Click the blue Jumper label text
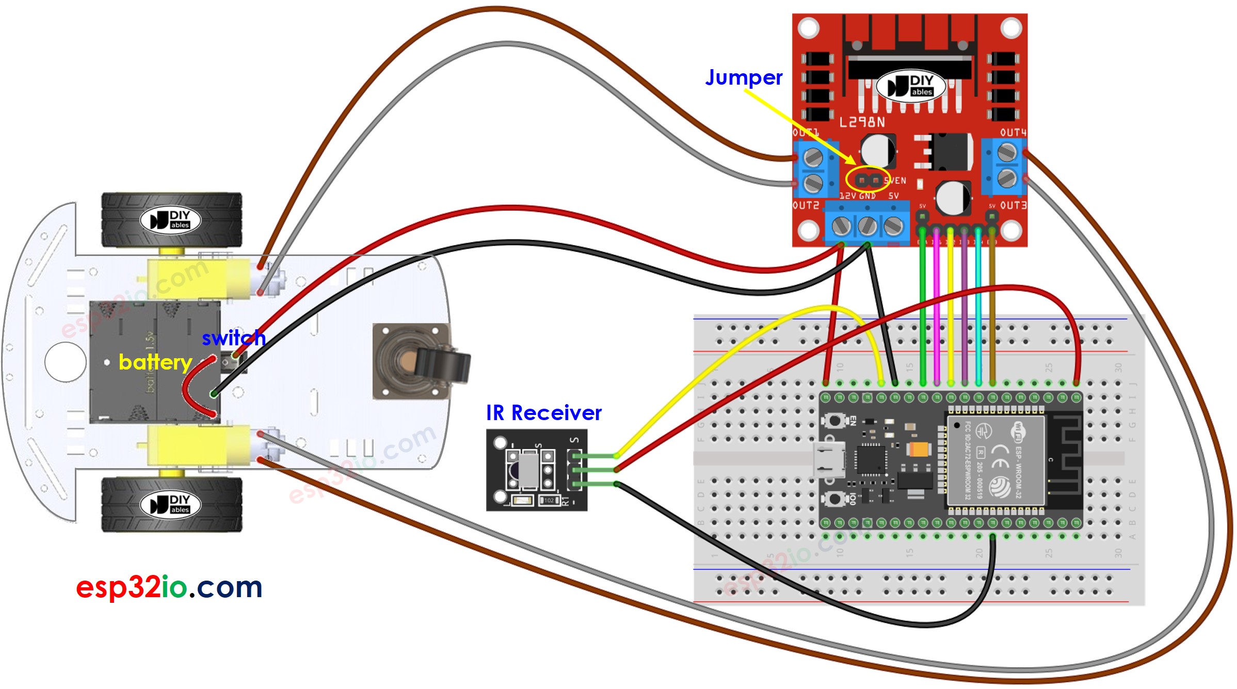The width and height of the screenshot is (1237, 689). (744, 78)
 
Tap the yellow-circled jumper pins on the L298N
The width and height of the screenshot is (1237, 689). (869, 180)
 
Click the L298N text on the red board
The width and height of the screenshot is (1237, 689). (862, 122)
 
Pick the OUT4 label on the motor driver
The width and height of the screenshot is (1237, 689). (1013, 133)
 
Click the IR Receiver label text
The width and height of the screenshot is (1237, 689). (543, 413)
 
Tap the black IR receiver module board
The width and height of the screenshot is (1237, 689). (537, 470)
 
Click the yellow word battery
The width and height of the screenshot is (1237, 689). (155, 362)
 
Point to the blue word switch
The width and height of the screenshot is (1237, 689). (233, 339)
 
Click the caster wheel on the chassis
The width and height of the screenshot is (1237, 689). (421, 361)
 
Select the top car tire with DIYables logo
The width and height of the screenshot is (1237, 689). (171, 220)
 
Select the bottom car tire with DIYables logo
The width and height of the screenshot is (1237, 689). (171, 504)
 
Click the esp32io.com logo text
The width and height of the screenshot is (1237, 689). (169, 587)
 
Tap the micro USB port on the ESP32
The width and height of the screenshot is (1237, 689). (829, 459)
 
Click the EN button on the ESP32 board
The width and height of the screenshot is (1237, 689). (834, 421)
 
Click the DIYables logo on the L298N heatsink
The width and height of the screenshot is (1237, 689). (911, 86)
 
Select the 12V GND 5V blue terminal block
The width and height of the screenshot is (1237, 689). (867, 225)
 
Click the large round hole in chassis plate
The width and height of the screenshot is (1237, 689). (66, 362)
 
